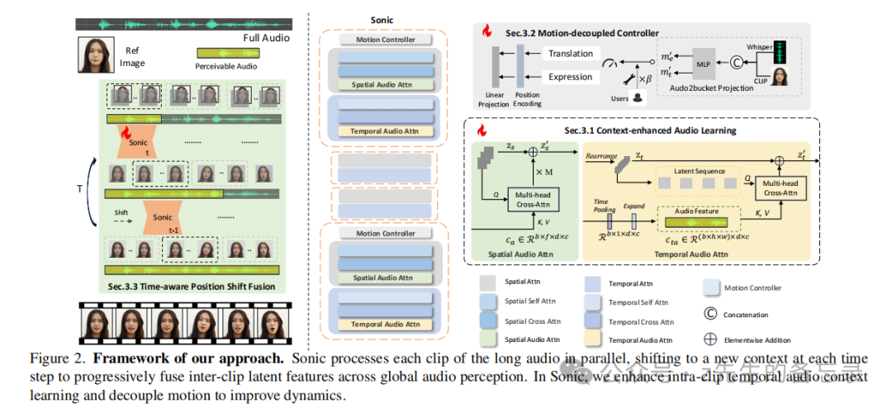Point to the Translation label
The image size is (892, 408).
(570, 54)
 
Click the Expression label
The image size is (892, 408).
(570, 77)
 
